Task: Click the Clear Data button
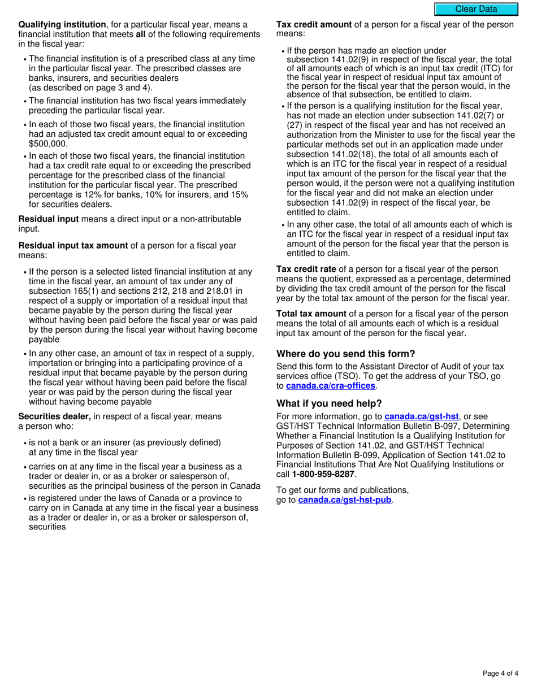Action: pyautogui.click(x=476, y=9)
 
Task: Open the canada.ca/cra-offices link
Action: pyautogui.click(x=330, y=386)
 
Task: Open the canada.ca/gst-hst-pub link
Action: pyautogui.click(x=344, y=500)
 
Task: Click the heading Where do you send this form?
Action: pyautogui.click(x=345, y=354)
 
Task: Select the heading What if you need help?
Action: pyautogui.click(x=329, y=403)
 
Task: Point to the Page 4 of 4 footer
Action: pyautogui.click(x=500, y=673)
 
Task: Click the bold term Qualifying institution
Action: pyautogui.click(x=62, y=25)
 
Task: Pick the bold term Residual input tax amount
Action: pyautogui.click(x=73, y=246)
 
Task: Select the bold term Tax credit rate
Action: pyautogui.click(x=306, y=269)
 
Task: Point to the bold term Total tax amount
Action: pyautogui.click(x=311, y=314)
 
